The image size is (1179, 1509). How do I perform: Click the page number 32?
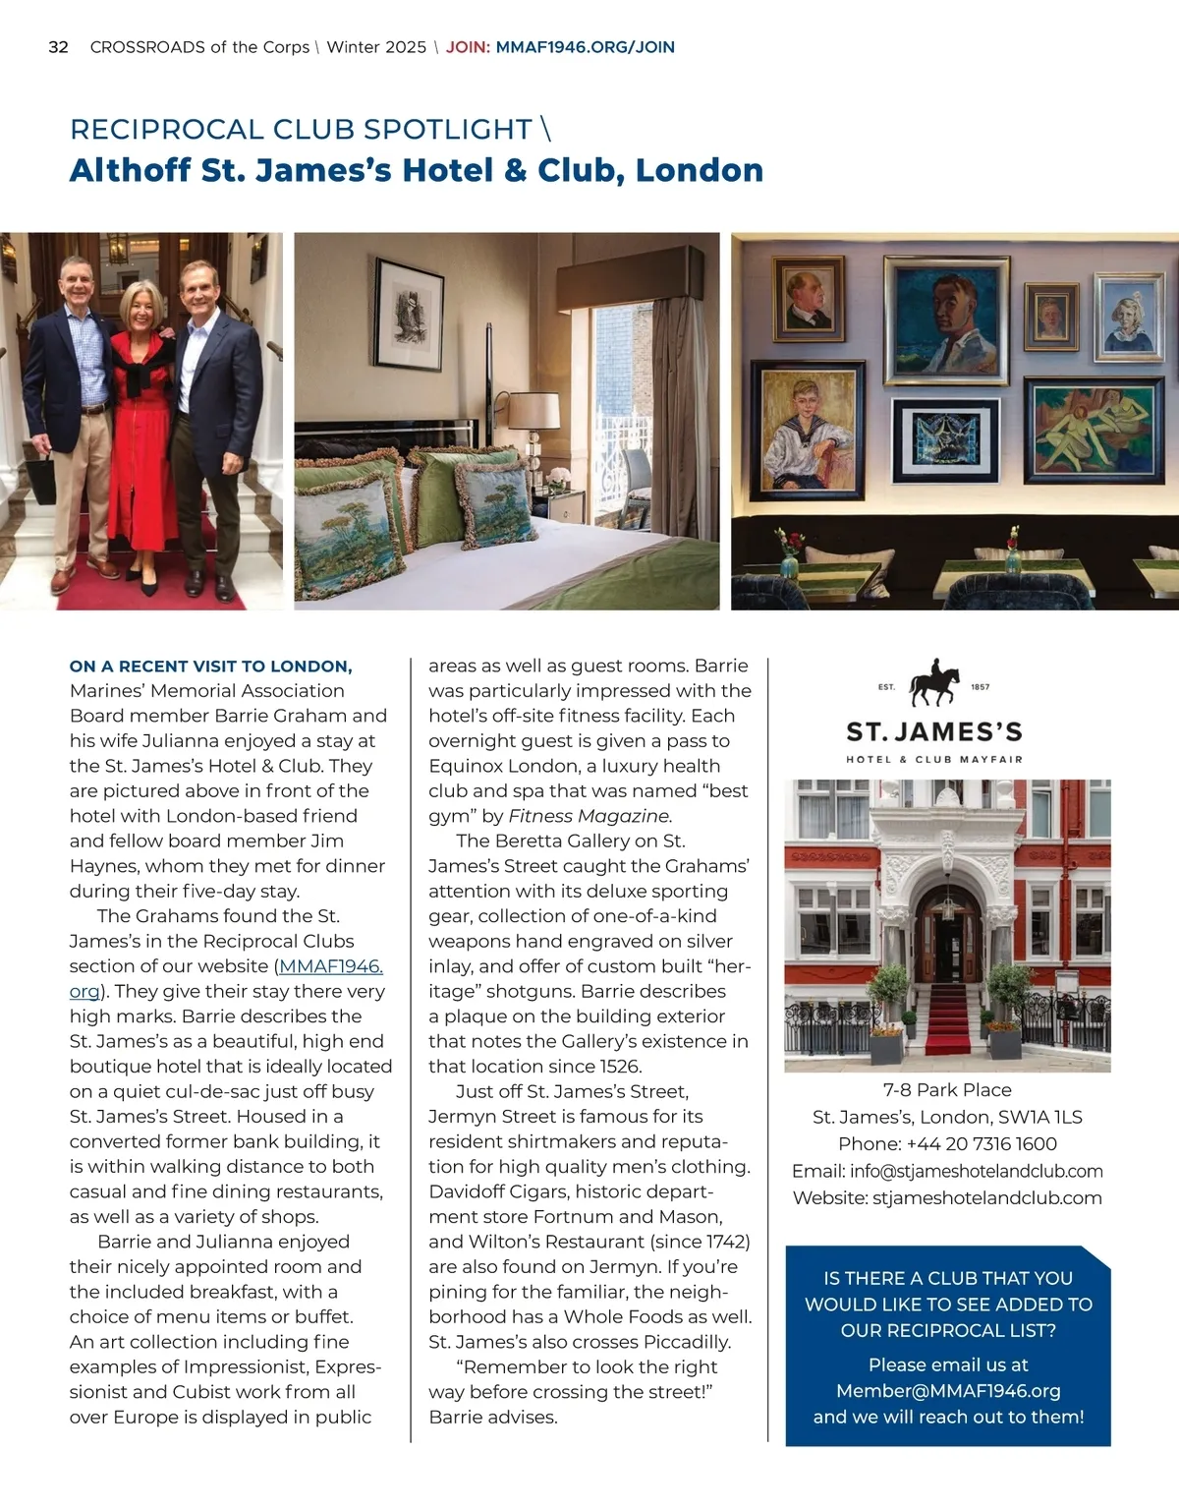(58, 47)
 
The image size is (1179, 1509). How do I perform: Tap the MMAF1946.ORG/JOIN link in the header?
(585, 47)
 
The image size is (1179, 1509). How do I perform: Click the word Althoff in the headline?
(131, 170)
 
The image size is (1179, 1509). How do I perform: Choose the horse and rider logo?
(933, 683)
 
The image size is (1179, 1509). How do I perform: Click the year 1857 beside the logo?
(980, 687)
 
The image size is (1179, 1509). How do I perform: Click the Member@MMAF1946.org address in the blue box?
(947, 1391)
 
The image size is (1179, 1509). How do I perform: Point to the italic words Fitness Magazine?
(589, 816)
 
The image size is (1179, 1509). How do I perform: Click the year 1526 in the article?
(618, 1067)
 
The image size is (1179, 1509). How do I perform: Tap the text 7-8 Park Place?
(947, 1090)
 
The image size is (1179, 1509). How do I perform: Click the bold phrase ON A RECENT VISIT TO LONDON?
(210, 667)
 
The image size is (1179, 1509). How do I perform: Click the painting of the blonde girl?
(1129, 317)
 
